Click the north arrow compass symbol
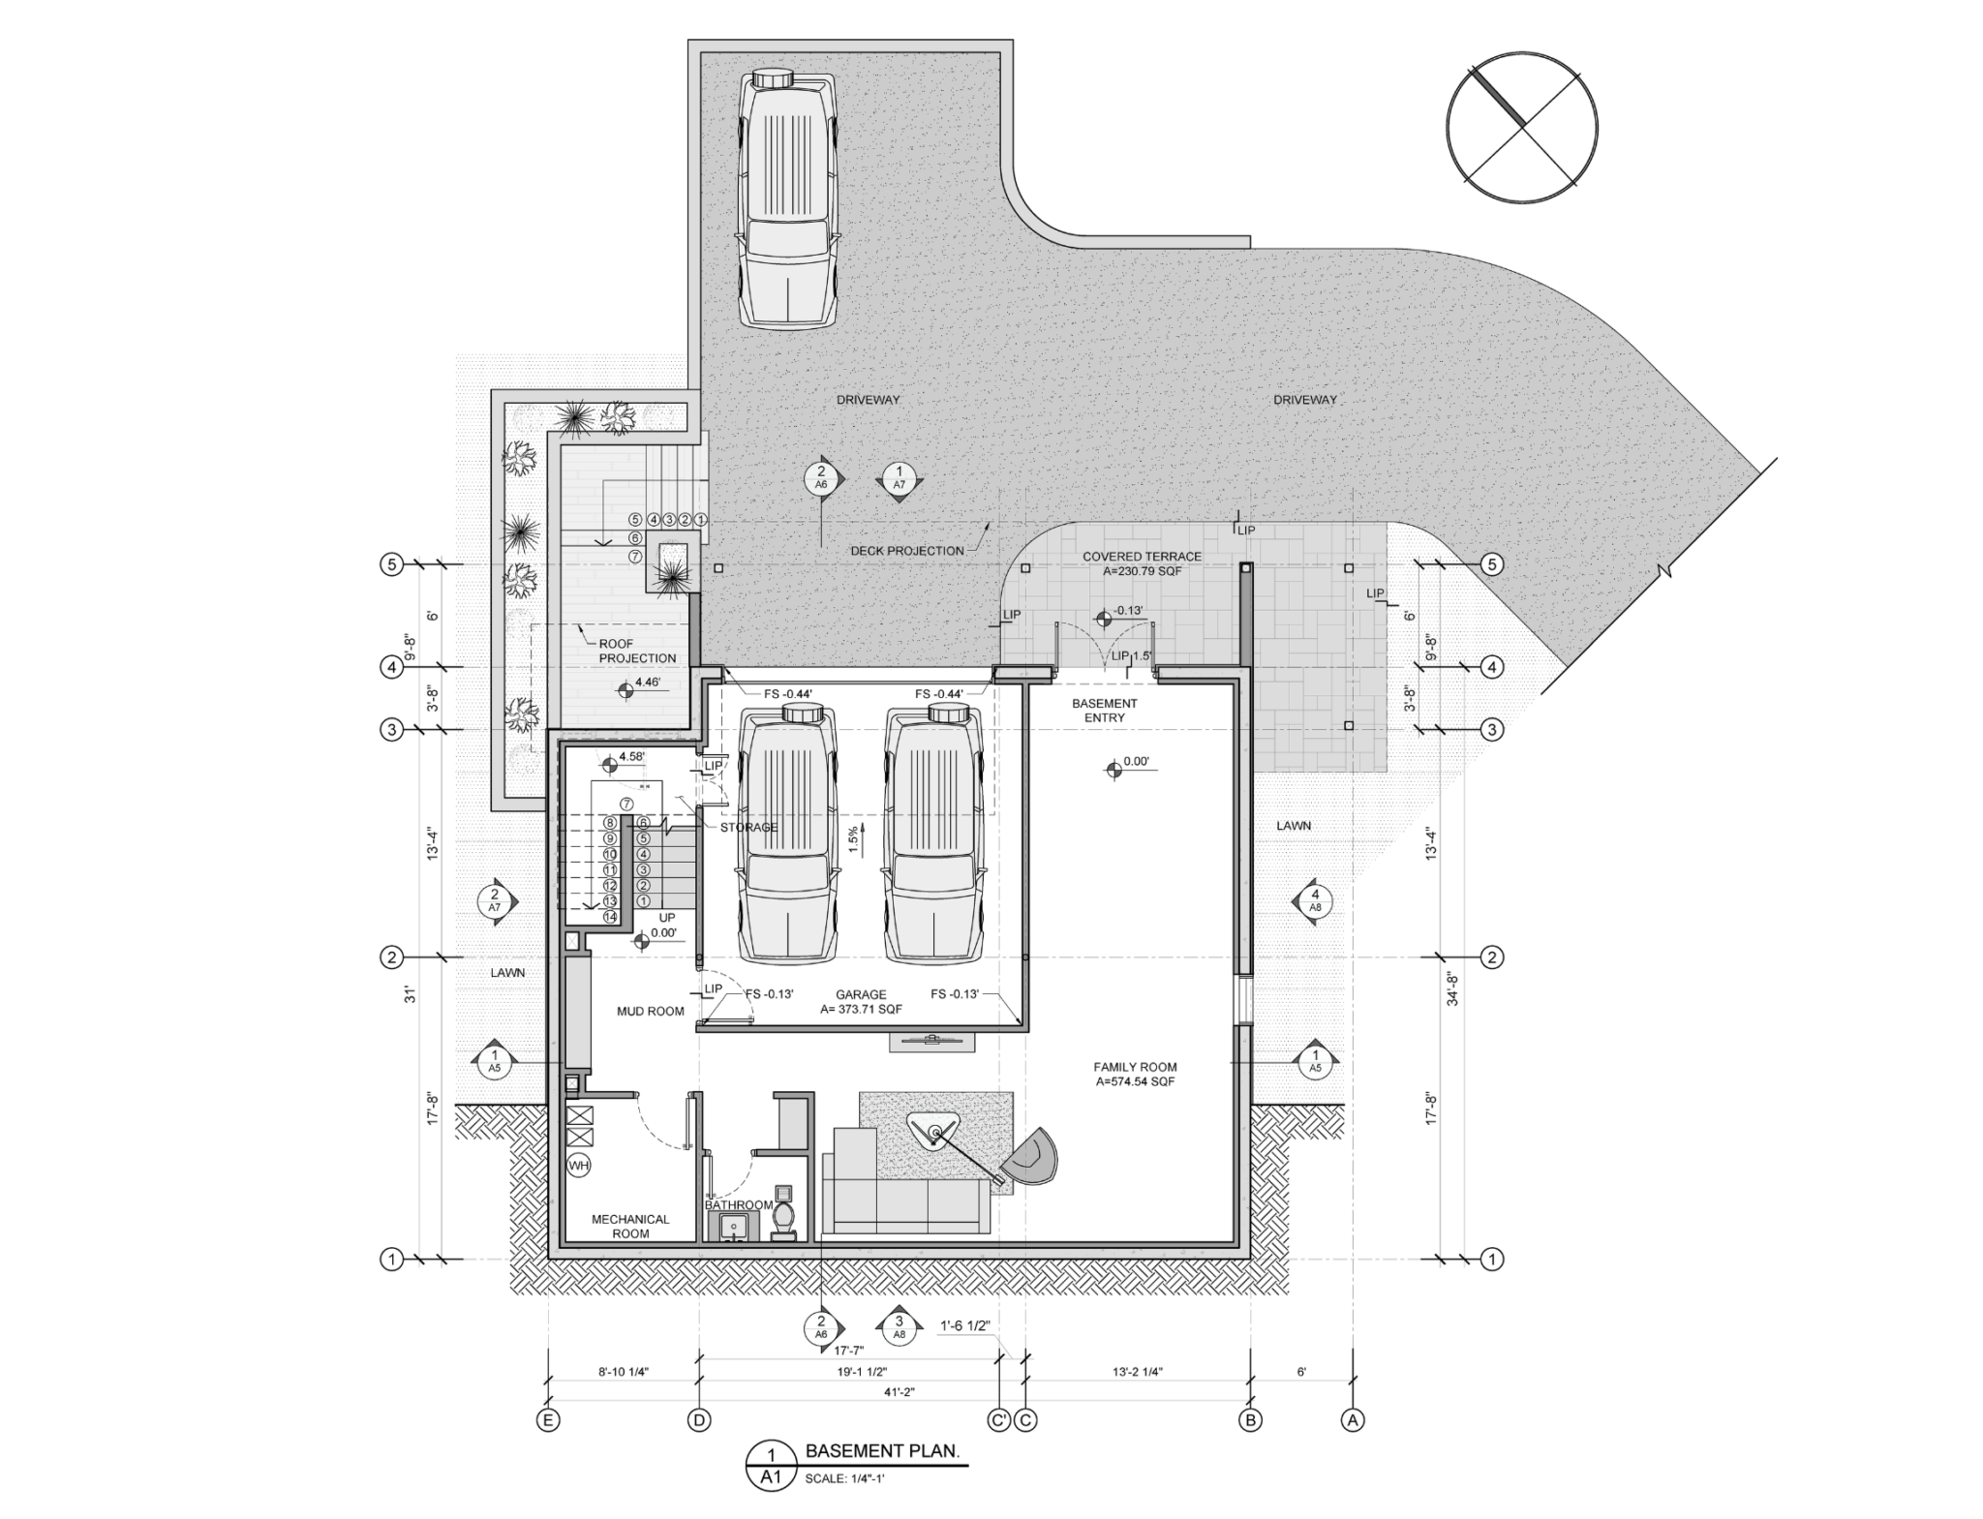click(1522, 129)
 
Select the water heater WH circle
click(578, 1166)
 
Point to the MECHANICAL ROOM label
click(630, 1227)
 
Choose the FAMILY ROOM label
click(1135, 1075)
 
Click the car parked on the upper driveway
click(787, 197)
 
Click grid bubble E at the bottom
click(548, 1421)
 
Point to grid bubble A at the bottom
click(1352, 1421)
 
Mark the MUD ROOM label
click(651, 1011)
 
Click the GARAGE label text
click(861, 994)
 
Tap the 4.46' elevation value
click(647, 683)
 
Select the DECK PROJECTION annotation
click(907, 551)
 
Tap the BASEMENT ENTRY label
click(1104, 711)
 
